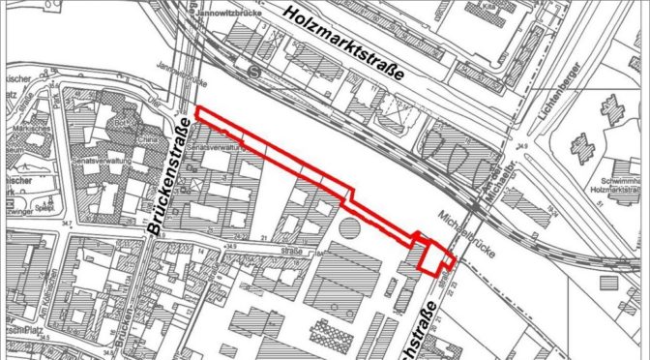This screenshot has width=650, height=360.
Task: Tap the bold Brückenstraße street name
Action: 170,175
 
